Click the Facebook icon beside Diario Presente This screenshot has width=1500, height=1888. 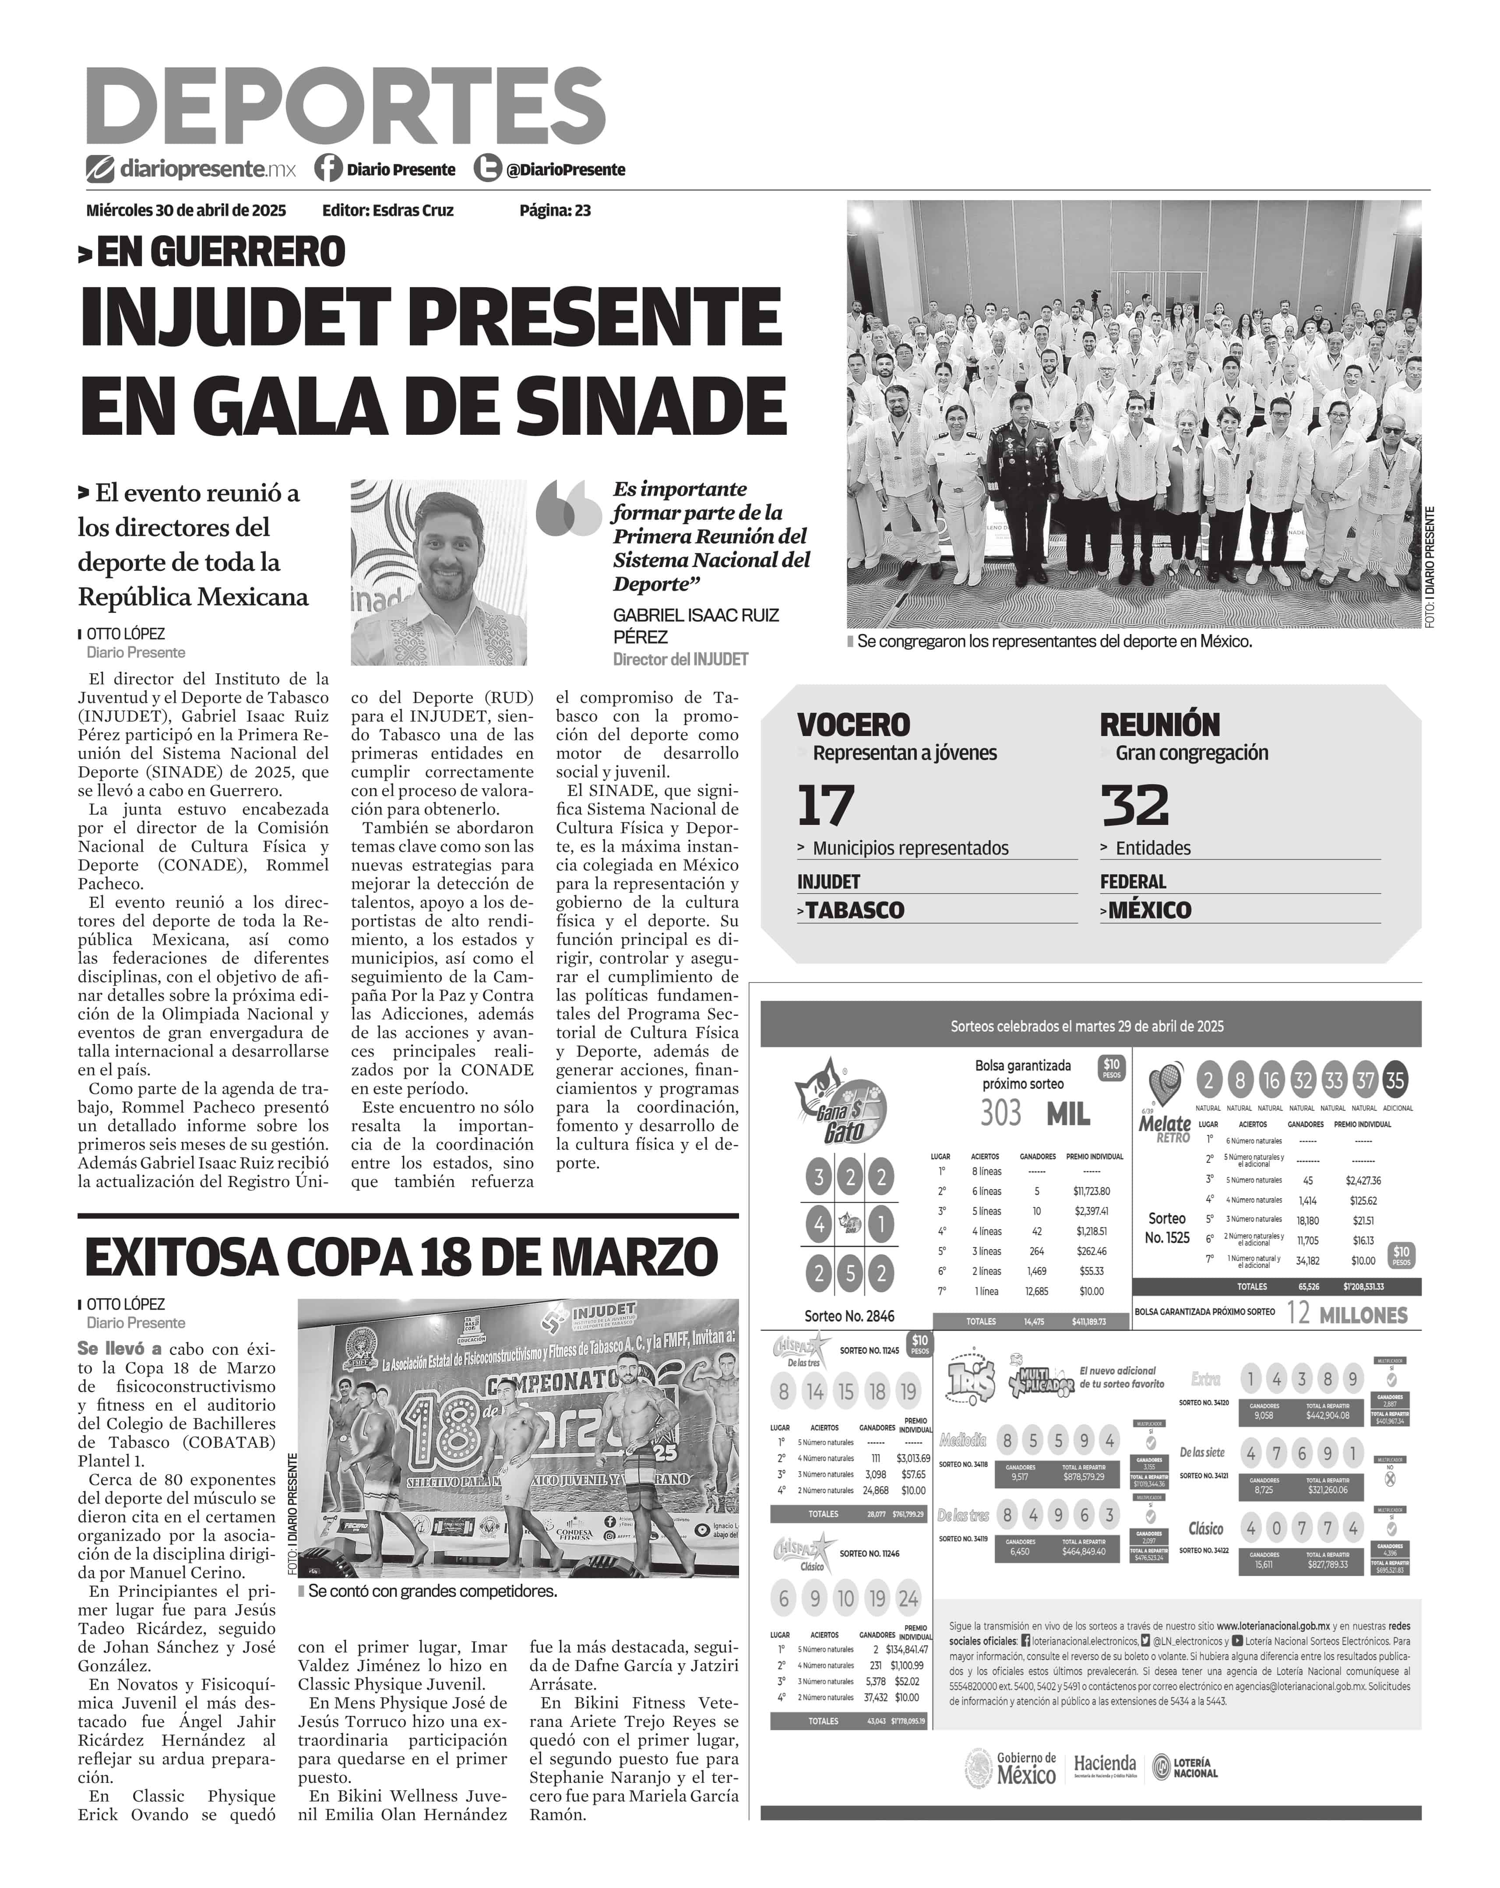pyautogui.click(x=328, y=168)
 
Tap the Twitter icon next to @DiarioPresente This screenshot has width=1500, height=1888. pyautogui.click(x=487, y=168)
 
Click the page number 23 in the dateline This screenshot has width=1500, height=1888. pyautogui.click(x=582, y=210)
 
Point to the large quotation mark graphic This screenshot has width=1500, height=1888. pyautogui.click(x=567, y=508)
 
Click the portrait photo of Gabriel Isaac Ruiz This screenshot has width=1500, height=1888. pyautogui.click(x=439, y=572)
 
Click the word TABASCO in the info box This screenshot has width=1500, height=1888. pyautogui.click(x=855, y=910)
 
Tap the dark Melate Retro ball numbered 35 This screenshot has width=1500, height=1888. pyautogui.click(x=1395, y=1081)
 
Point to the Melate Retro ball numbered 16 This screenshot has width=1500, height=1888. pyautogui.click(x=1271, y=1081)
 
